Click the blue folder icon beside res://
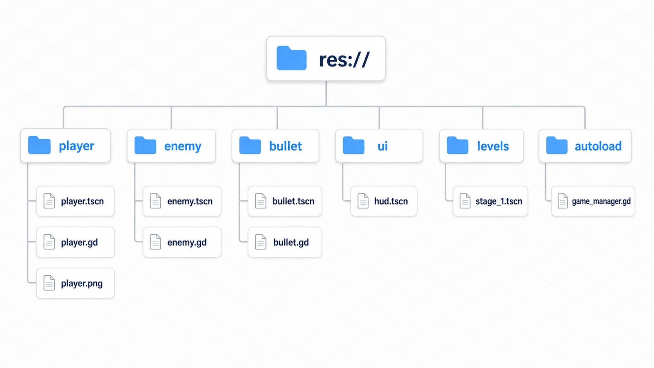tap(291, 58)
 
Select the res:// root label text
tap(344, 59)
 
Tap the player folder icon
tap(39, 145)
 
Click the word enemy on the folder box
tap(183, 146)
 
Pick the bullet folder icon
tap(250, 145)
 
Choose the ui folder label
tap(383, 146)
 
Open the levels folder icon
tap(457, 145)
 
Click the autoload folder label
tap(598, 146)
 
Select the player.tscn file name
tap(82, 201)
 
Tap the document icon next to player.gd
tap(49, 242)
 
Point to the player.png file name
tap(82, 284)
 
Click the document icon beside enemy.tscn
tap(155, 201)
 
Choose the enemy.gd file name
tap(187, 242)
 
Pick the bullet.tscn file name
tap(293, 201)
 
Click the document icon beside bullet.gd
tap(261, 242)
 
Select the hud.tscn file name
tap(391, 201)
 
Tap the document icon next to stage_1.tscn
tap(465, 201)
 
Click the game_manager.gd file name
tap(601, 201)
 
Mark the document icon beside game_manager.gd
tap(562, 201)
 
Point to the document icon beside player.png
tap(49, 283)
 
